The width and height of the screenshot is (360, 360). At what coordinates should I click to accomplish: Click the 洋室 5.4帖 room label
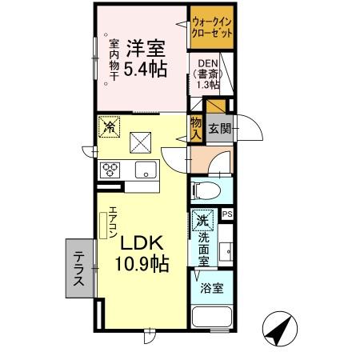tap(145, 58)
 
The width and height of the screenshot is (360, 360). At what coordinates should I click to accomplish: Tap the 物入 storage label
tap(196, 127)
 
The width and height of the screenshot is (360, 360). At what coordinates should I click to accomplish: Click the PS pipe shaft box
tap(227, 214)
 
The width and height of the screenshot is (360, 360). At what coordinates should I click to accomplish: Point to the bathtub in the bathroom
tap(211, 318)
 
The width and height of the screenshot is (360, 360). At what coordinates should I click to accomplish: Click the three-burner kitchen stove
tap(110, 170)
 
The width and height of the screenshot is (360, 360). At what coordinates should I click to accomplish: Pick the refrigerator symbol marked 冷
tap(107, 126)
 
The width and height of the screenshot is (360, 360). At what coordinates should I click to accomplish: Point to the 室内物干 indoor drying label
tap(114, 59)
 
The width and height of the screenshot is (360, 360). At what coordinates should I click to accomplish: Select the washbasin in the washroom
tap(227, 249)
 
